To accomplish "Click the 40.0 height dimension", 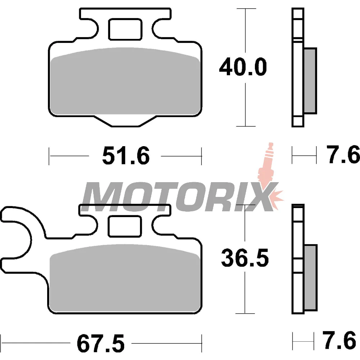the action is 243,67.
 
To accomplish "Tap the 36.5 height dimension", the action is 245,258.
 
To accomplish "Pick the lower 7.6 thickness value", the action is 339,339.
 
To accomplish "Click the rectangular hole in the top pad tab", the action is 125,30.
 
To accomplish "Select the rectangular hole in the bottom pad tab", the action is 125,226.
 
